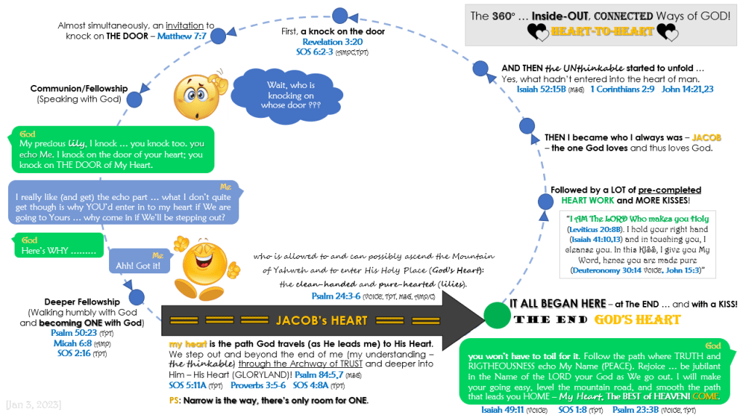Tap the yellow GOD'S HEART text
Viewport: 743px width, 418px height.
(x=638, y=320)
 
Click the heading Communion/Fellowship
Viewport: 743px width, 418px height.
(x=79, y=89)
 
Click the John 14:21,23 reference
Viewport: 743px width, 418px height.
(x=687, y=89)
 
